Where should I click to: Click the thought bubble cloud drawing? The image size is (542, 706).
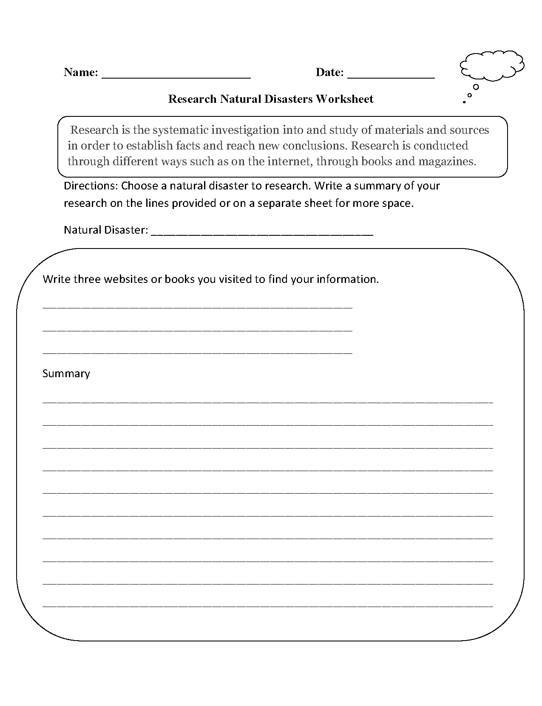click(x=492, y=66)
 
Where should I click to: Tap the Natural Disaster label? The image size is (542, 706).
click(x=106, y=230)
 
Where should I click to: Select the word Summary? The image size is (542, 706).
click(x=66, y=373)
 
